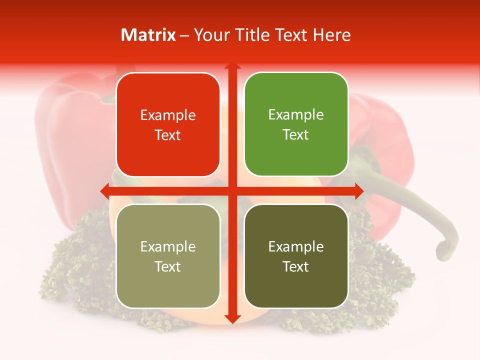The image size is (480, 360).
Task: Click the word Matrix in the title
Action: coord(148,35)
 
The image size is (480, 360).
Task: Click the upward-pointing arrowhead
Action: coord(232,66)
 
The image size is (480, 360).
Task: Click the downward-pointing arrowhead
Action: coord(232,318)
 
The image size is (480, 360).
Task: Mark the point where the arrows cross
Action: coord(232,190)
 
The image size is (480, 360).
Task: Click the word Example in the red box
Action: coord(168,115)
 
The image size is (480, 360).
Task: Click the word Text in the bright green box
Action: coord(296,135)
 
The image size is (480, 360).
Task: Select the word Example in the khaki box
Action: coord(168,247)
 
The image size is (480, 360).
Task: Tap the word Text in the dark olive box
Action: coord(296,266)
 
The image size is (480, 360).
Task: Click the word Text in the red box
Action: coord(168,135)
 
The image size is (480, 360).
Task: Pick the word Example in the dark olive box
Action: coord(296,247)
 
